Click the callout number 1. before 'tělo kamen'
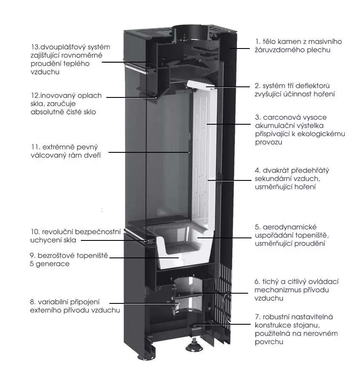[x=258, y=42]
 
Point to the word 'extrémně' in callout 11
[x=66, y=147]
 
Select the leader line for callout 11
[x=149, y=151]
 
